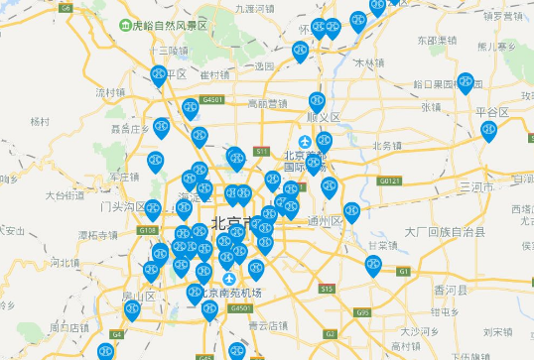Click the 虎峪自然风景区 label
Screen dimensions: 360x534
coord(170,26)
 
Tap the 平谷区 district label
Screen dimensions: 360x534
coord(491,112)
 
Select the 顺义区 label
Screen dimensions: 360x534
coord(324,117)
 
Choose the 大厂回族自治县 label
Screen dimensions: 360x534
coord(445,232)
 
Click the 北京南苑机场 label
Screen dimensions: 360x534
coord(229,294)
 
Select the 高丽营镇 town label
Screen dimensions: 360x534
coord(267,103)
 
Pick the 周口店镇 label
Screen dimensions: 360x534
coord(70,326)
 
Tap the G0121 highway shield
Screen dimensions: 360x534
coord(388,181)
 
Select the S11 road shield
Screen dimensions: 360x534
coord(261,151)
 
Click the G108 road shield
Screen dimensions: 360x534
coord(148,230)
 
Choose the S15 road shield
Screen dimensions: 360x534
coord(327,288)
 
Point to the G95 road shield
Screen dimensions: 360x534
coord(362,312)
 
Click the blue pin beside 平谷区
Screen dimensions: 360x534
coord(488,131)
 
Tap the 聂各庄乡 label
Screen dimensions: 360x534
coord(130,128)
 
